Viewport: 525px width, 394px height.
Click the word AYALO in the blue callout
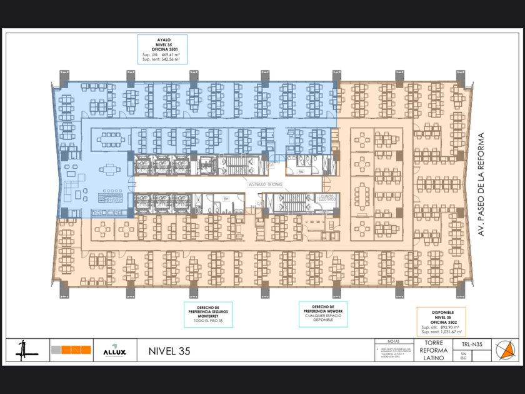click(162, 39)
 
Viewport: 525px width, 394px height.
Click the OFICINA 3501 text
click(162, 49)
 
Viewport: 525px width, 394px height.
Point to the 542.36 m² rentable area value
click(169, 60)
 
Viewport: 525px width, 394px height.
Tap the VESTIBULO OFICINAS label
click(266, 184)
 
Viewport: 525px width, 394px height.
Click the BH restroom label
click(227, 199)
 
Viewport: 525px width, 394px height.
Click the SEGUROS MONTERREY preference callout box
click(208, 315)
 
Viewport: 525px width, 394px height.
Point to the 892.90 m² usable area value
click(449, 327)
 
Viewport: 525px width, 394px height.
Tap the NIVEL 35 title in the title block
click(169, 351)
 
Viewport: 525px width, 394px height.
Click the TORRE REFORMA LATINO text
click(434, 350)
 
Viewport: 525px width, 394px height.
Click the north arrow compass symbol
click(506, 350)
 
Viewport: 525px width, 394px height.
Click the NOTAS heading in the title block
click(393, 341)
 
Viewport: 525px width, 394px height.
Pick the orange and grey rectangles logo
click(71, 350)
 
